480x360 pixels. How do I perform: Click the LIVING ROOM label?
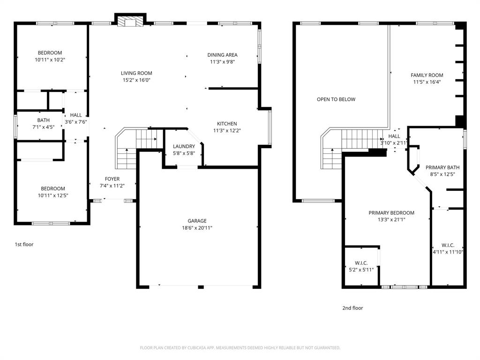(x=136, y=73)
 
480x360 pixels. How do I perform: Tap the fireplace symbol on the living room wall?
(x=129, y=22)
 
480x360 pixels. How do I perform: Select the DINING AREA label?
(x=222, y=55)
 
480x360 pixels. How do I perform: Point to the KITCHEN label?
(x=226, y=124)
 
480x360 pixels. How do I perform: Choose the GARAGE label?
(x=197, y=221)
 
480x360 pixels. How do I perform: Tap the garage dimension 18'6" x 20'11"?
(x=197, y=228)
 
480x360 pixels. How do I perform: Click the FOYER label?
(x=112, y=179)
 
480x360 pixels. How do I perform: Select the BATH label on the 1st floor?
(x=44, y=120)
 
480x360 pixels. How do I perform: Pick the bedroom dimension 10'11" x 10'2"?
(x=50, y=60)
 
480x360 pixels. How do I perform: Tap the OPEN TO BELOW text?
(x=336, y=99)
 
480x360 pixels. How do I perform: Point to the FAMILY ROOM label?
(x=427, y=75)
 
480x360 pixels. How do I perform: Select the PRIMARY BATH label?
(x=442, y=167)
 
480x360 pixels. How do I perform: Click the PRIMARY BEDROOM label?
(x=391, y=213)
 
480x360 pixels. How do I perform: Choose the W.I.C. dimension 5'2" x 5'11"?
(x=361, y=270)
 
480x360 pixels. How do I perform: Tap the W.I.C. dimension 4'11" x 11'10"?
(x=448, y=252)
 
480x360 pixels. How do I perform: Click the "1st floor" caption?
(x=23, y=244)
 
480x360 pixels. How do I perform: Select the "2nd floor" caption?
(x=352, y=308)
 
